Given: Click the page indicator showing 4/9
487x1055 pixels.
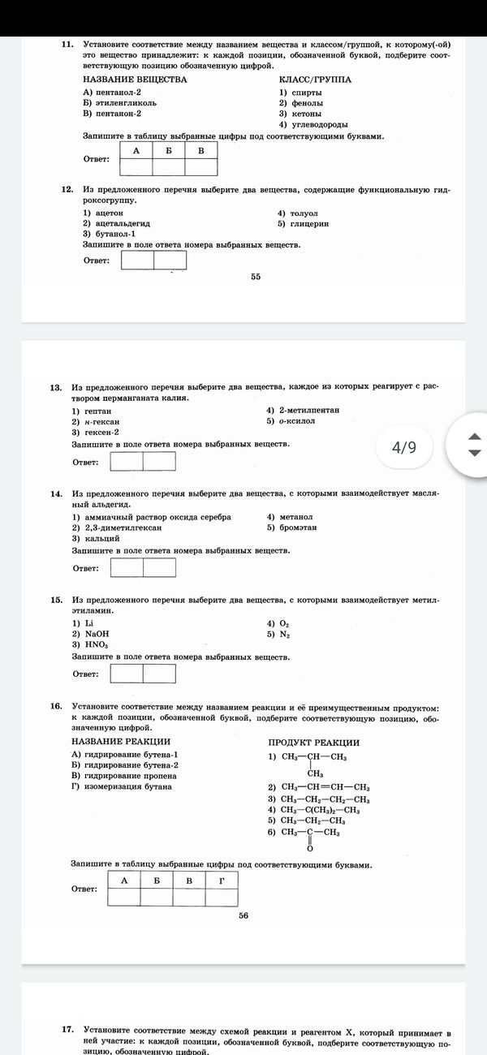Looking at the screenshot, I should click(x=403, y=447).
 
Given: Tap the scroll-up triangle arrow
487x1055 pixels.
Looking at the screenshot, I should click(x=475, y=437).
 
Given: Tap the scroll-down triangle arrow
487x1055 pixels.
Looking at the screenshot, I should click(x=475, y=453).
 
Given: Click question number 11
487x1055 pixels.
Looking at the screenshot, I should click(x=68, y=44).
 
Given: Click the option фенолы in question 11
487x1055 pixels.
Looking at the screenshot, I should click(x=301, y=103).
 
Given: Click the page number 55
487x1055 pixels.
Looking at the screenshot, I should click(x=256, y=277).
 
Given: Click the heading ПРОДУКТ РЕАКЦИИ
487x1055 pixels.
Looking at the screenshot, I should click(x=313, y=743).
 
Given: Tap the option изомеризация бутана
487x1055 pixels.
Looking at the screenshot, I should click(x=122, y=786).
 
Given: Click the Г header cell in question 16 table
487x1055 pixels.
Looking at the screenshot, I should click(x=222, y=881).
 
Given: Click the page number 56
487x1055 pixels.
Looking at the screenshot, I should click(x=243, y=915).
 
